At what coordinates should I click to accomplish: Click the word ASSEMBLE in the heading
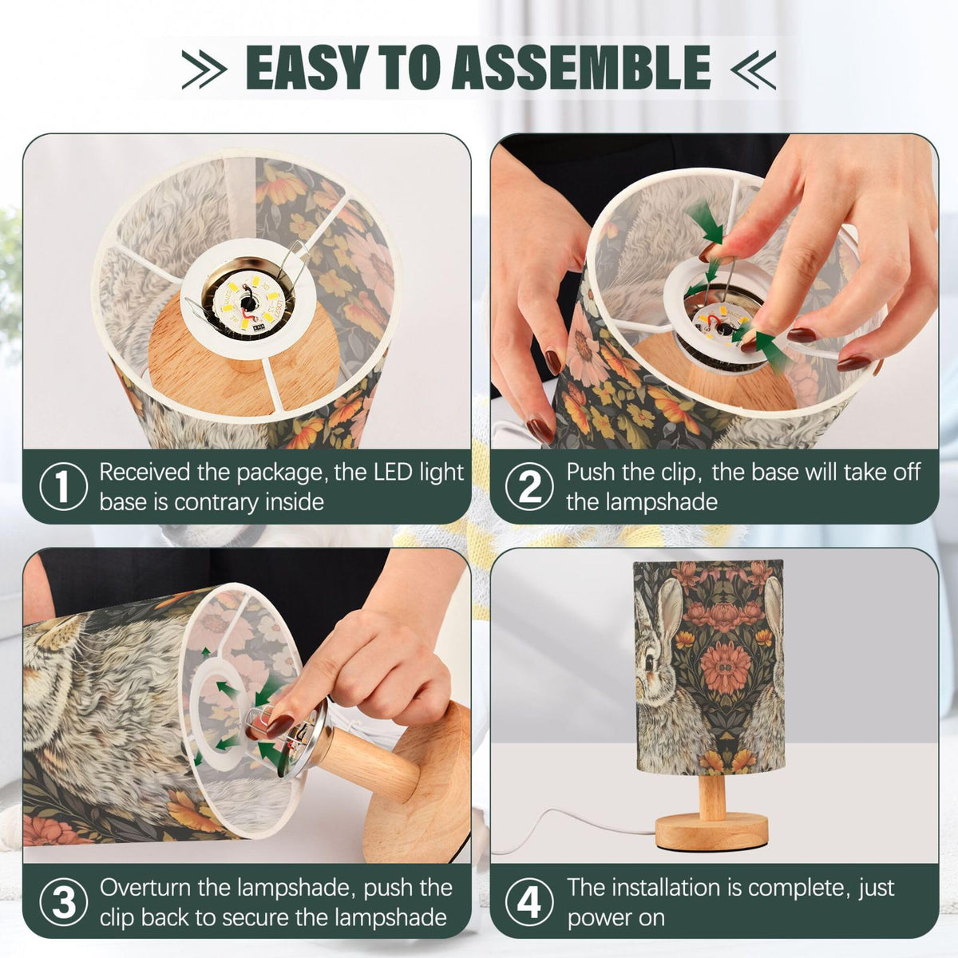click(x=580, y=67)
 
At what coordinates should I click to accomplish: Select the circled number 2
click(x=529, y=487)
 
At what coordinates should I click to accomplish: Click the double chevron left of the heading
click(x=204, y=69)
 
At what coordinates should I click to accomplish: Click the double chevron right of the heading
click(x=753, y=69)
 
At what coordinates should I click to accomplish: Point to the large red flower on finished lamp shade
click(x=725, y=666)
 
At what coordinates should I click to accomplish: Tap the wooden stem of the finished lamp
click(x=712, y=795)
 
